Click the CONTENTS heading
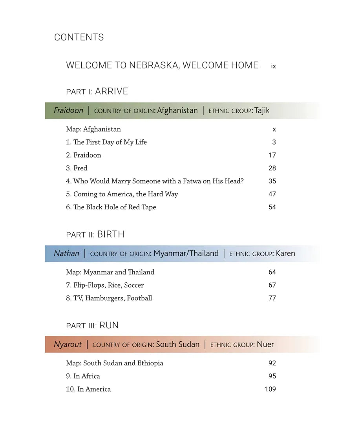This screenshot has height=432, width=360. [79, 37]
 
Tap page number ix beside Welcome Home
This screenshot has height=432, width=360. [273, 66]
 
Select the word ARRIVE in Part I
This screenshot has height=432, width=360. [111, 92]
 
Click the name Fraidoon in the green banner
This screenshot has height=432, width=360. [69, 111]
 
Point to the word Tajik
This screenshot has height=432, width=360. [262, 111]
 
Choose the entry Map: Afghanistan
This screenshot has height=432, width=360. [93, 129]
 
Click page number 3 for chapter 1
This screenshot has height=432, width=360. [274, 142]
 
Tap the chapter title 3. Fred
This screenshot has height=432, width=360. [77, 168]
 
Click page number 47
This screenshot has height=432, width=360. [272, 194]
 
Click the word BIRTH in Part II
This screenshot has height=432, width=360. [111, 234]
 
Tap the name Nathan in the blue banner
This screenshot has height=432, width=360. [66, 254]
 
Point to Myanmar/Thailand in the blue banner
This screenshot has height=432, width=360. [186, 254]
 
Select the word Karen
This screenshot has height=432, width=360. [285, 254]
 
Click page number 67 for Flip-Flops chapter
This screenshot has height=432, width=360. [272, 285]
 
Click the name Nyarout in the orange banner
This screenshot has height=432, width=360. [68, 345]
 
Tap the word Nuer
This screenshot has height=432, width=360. [265, 345]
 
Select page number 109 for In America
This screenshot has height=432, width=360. [270, 389]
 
